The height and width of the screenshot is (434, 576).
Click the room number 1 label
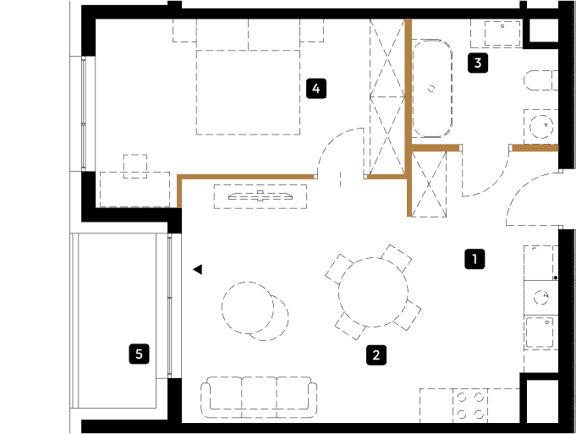tap(475, 259)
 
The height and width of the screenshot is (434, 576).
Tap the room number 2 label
tap(376, 355)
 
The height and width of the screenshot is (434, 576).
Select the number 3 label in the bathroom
tap(478, 63)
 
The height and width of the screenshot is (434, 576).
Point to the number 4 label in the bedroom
tap(316, 89)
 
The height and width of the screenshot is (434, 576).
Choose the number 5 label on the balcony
tap(140, 354)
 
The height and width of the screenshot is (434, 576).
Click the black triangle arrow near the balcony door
tap(198, 269)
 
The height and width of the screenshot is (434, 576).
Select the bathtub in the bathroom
tap(432, 88)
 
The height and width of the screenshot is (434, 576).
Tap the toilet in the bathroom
tap(540, 80)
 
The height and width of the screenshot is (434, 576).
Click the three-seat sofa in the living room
tap(259, 397)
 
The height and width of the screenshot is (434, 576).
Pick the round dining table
tap(373, 292)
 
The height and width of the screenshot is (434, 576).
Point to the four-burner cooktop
tap(470, 406)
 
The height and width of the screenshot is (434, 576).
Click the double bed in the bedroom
tap(248, 92)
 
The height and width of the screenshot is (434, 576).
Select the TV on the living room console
tap(261, 196)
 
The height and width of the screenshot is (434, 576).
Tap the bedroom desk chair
tap(135, 166)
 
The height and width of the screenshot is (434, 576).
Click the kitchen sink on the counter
tap(540, 332)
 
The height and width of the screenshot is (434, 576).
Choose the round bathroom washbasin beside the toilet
tap(541, 126)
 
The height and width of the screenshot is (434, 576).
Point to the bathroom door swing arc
tap(492, 180)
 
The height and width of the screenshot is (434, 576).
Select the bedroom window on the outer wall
tap(84, 113)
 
